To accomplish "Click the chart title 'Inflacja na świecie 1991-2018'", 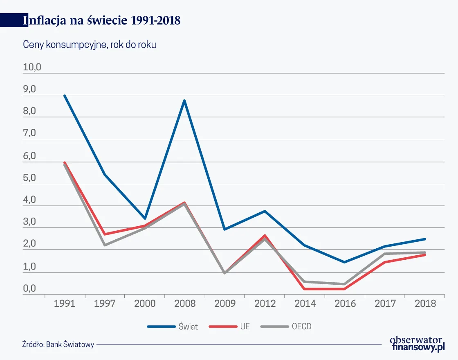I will [x=102, y=20].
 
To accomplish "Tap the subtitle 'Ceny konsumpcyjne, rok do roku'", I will [x=89, y=45].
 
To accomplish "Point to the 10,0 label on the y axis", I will [x=32, y=67].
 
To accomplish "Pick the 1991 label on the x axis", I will [x=64, y=304].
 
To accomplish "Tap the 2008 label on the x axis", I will [x=184, y=304].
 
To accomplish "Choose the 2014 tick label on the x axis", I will [x=305, y=304].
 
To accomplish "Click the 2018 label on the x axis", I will [x=425, y=304].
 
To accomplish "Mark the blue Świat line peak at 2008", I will [x=184, y=101].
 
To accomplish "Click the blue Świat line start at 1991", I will [x=65, y=96].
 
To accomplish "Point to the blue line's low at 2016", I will [x=345, y=262].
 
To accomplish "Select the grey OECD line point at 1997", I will [x=105, y=245].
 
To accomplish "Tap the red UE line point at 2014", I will [x=305, y=289].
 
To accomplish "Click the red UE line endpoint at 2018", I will [x=425, y=255].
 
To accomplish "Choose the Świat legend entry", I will [x=173, y=326].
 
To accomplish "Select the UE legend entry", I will [x=229, y=326].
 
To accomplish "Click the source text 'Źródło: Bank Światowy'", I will [x=58, y=344].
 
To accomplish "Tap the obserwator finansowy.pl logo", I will [x=418, y=343].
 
